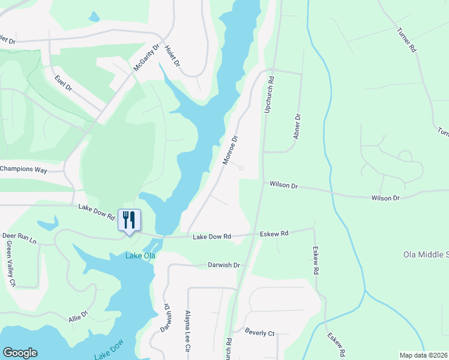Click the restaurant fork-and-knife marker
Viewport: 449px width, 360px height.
[128, 220]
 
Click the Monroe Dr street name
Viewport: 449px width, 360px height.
[231, 149]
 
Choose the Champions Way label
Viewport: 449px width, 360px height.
[23, 170]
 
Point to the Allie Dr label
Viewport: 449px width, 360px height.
[78, 316]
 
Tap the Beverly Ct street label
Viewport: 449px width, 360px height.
[259, 332]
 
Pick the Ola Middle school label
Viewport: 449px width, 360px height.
[426, 255]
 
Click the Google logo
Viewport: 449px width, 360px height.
[20, 353]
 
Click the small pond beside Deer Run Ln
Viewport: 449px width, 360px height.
[48, 224]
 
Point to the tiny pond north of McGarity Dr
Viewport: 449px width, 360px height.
[94, 17]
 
